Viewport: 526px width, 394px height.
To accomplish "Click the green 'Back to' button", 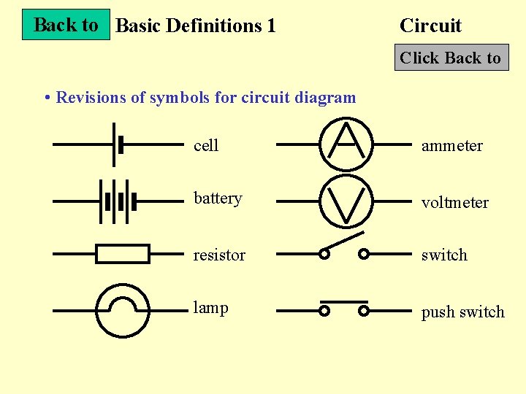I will click(x=66, y=25).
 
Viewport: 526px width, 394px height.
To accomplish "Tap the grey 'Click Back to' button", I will click(x=451, y=58).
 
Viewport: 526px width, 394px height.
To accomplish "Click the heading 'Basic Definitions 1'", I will click(x=196, y=26).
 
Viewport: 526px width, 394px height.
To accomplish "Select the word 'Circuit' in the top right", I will click(x=430, y=26).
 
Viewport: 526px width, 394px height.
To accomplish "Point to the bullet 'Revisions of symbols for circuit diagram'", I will click(x=205, y=97).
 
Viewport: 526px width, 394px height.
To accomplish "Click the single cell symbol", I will click(x=117, y=144).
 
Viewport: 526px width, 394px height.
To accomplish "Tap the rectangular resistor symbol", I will click(x=123, y=254).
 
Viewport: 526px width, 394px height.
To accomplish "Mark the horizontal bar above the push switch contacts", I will click(x=343, y=301).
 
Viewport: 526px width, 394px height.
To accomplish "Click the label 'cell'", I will click(x=206, y=146).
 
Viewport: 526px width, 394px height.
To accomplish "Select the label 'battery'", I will click(x=218, y=198).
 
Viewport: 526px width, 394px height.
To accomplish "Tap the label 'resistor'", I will click(x=219, y=255).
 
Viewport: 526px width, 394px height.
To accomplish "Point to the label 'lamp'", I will click(x=210, y=308).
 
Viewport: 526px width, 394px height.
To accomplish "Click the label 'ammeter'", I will click(x=452, y=146).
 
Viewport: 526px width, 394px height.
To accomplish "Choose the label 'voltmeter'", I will click(x=455, y=203).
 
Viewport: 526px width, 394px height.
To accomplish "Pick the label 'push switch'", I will click(x=462, y=312).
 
